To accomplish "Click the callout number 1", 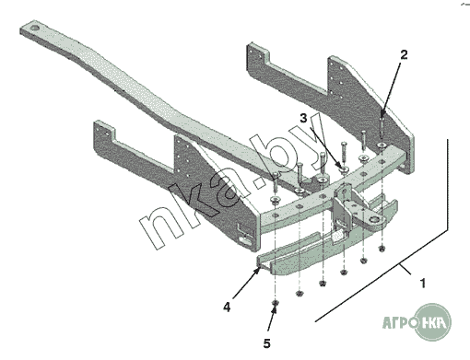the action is (x=423, y=284).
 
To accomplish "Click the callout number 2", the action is (x=404, y=55).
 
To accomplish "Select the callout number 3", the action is (x=303, y=118).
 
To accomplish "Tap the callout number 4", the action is (x=227, y=307).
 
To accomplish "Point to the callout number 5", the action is (x=267, y=343).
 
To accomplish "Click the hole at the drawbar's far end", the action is (x=34, y=29).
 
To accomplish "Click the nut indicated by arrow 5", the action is (x=276, y=304).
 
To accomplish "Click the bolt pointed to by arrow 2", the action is (x=382, y=126).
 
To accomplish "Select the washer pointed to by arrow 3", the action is (x=344, y=168).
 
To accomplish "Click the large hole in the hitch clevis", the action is (x=375, y=219).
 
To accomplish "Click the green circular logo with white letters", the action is (x=434, y=322).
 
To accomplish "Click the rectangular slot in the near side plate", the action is (x=245, y=239).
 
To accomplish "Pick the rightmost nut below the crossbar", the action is (x=382, y=248).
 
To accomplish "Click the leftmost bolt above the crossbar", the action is (x=276, y=181).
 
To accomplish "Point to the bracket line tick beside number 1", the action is (x=405, y=269).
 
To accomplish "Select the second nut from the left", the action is (x=300, y=294).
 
